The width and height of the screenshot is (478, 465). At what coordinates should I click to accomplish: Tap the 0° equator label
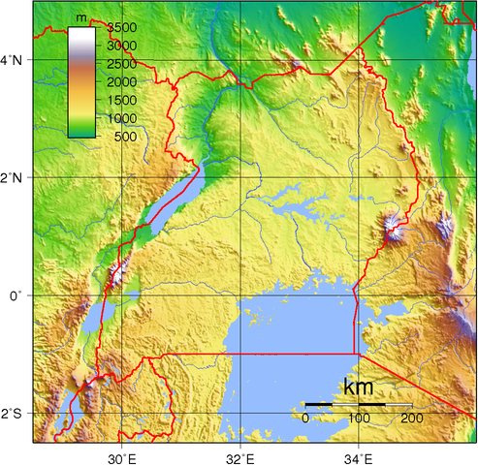(16, 295)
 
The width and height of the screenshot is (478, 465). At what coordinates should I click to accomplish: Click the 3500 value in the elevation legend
(121, 27)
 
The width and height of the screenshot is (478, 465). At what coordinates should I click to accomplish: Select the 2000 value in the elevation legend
(121, 81)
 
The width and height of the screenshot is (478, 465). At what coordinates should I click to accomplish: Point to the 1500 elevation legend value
(121, 100)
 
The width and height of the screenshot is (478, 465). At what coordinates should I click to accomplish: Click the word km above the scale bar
(358, 387)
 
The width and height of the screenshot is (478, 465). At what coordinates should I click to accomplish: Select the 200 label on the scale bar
(410, 418)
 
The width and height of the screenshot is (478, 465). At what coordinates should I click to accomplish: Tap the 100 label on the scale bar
(358, 418)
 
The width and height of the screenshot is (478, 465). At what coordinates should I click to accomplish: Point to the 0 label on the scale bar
(305, 418)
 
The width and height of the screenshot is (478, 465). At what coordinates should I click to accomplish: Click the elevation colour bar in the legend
(81, 82)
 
